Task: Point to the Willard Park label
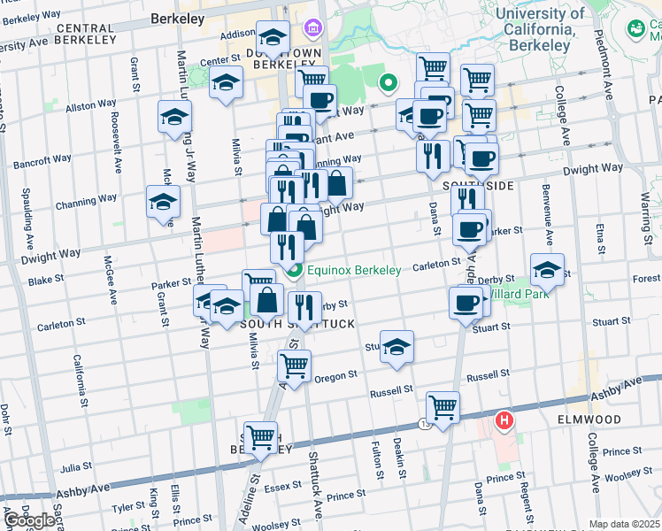tap(512, 293)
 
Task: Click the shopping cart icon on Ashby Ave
tap(443, 408)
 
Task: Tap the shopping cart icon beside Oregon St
tap(294, 365)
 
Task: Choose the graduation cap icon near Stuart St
tap(396, 346)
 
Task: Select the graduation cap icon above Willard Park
tap(547, 270)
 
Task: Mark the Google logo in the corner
tap(29, 520)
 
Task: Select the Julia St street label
tap(76, 466)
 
